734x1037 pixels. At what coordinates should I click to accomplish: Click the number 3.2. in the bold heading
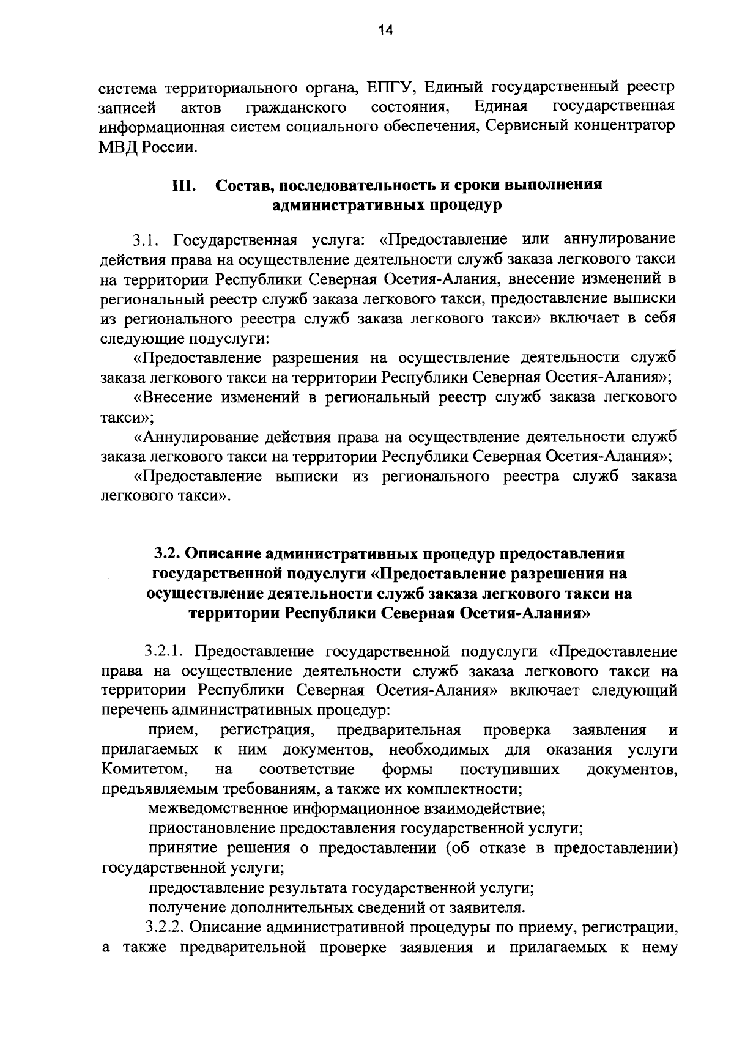(x=166, y=554)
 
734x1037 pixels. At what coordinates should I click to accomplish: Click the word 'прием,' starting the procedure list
(x=173, y=730)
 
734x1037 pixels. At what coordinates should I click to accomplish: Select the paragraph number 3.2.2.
(x=165, y=926)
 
